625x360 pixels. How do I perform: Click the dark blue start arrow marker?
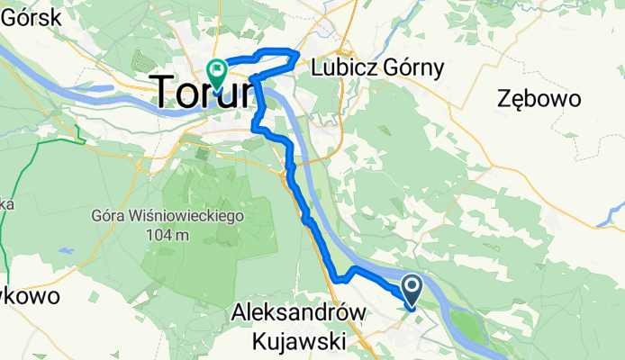coord(412,290)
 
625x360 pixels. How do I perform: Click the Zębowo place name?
coord(539,98)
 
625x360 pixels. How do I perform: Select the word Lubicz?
coord(340,67)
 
